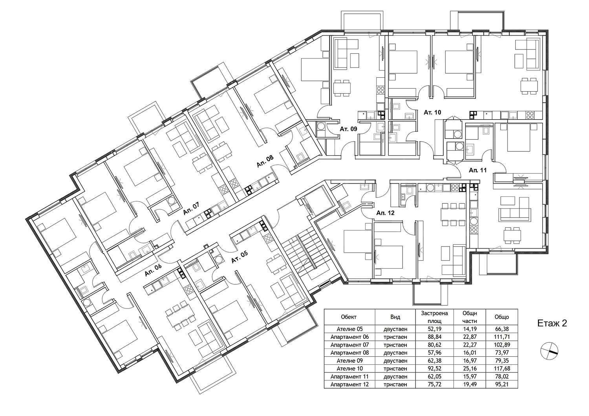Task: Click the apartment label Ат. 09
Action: [x=348, y=129]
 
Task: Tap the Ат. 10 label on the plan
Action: [x=432, y=113]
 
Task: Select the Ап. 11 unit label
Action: [x=478, y=170]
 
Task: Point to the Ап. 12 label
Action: [x=386, y=213]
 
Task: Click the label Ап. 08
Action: [x=265, y=161]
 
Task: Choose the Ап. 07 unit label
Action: [x=192, y=208]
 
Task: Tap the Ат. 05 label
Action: [x=240, y=256]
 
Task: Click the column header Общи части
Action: [x=470, y=317]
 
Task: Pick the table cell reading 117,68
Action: [x=501, y=369]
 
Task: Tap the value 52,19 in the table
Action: [x=434, y=329]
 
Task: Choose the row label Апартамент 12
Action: [x=349, y=385]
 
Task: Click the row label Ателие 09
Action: [x=349, y=361]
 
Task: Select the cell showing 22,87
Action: [x=470, y=337]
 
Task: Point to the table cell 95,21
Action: [x=501, y=385]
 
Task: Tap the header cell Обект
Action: [x=349, y=317]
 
